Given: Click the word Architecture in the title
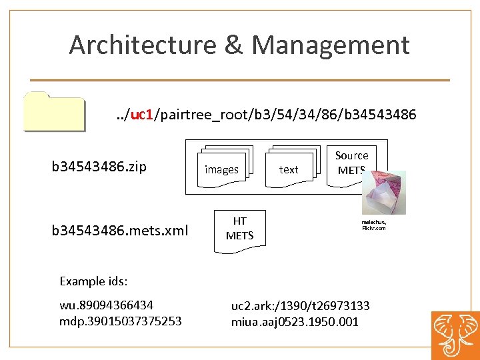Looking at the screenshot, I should tap(143, 45).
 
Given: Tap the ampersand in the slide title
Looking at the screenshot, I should tap(233, 45).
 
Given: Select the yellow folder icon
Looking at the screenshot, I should tap(54, 111).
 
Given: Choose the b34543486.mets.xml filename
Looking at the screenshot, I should tap(120, 231).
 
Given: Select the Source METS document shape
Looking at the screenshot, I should tap(351, 161).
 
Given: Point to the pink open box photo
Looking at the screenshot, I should tap(383, 192).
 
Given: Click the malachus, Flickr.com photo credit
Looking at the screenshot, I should tap(374, 225).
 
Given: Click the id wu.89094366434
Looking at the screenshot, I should tap(106, 305).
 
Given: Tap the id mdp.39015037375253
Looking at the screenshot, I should tap(120, 321).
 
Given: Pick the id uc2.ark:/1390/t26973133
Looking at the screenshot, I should tap(300, 306).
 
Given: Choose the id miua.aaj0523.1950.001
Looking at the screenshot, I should tap(295, 321).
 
